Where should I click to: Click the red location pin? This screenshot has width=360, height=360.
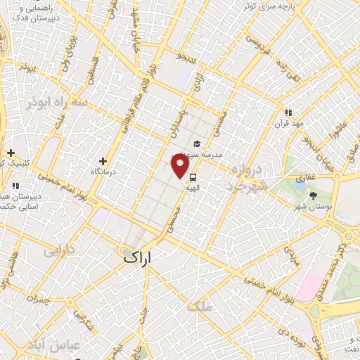coord(180,166)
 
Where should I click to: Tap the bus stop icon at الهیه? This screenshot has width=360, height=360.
coord(193,177)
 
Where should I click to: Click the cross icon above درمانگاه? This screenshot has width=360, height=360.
coord(103,161)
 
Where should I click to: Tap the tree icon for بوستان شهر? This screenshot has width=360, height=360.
coord(313,195)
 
